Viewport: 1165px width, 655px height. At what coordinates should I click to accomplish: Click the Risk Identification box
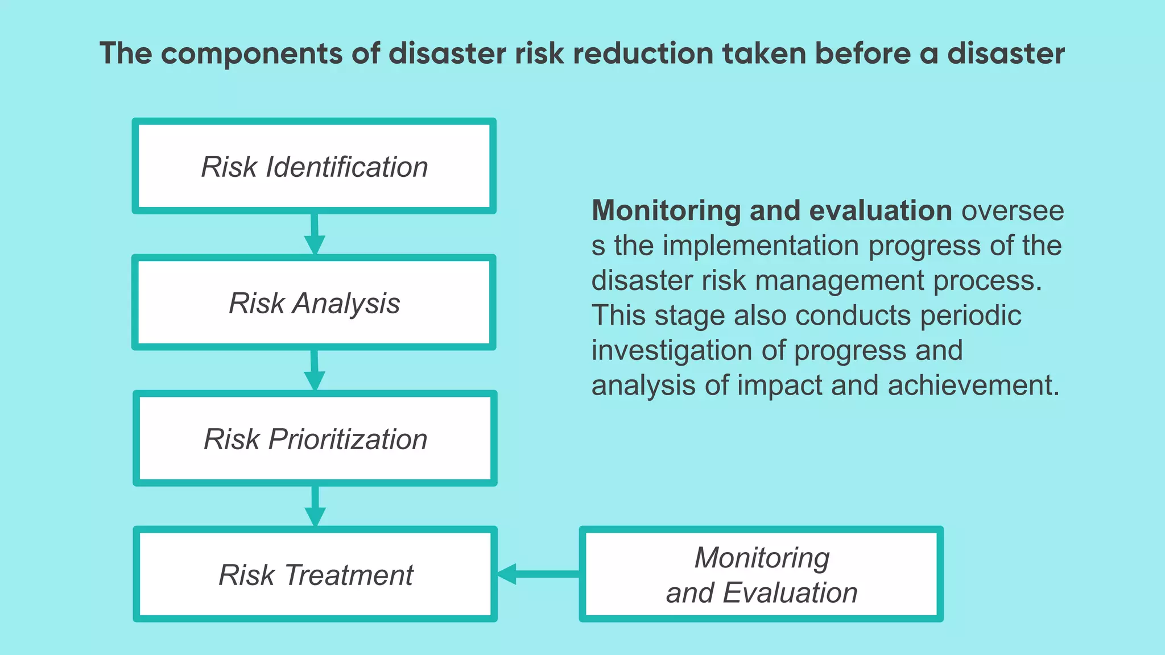coord(314,166)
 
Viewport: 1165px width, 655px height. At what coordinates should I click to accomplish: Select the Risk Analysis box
coord(314,302)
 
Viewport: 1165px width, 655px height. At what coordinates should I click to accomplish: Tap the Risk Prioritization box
coord(315,438)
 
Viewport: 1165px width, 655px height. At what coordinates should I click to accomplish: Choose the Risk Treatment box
coord(315,574)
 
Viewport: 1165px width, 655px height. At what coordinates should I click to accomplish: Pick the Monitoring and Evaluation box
coord(761,574)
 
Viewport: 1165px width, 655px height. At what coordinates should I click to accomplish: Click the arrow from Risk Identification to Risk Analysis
coord(314,234)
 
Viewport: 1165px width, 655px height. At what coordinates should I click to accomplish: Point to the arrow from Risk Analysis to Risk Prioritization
coord(314,370)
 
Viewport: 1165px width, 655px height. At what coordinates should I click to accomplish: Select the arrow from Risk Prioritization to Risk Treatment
coord(315,506)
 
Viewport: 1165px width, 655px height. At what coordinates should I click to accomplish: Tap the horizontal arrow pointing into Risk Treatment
coord(538,574)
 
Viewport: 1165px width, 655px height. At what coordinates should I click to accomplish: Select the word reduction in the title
coord(643,54)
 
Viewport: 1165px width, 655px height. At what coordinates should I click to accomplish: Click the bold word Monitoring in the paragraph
coord(666,211)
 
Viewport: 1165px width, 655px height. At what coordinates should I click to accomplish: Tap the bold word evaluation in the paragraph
coord(880,211)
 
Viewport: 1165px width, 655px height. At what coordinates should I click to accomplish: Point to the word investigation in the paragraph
coord(672,350)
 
